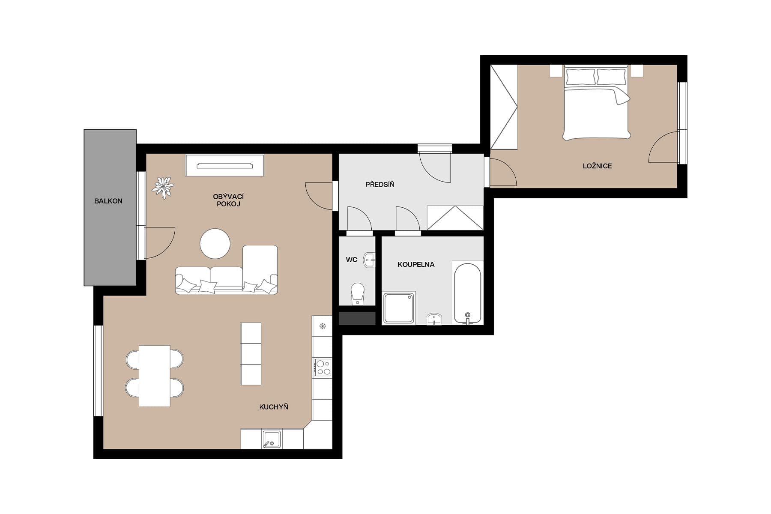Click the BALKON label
108,201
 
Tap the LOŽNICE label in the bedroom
597,166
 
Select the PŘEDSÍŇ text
380,184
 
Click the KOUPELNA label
415,264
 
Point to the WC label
351,260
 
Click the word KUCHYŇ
273,407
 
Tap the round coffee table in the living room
215,244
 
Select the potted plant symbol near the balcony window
163,188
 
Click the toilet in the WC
357,294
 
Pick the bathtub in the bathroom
468,293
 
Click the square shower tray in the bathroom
399,308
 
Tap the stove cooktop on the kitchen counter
322,368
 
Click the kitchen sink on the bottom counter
272,439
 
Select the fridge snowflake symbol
323,326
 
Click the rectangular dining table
155,376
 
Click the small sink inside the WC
369,260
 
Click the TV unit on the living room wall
224,165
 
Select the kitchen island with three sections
251,354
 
